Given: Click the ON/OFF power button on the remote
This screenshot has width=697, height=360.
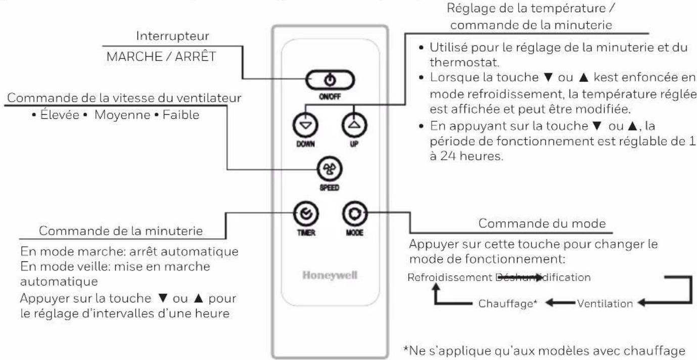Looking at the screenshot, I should [330, 80].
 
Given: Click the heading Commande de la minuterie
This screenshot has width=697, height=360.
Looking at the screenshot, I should [121, 231].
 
